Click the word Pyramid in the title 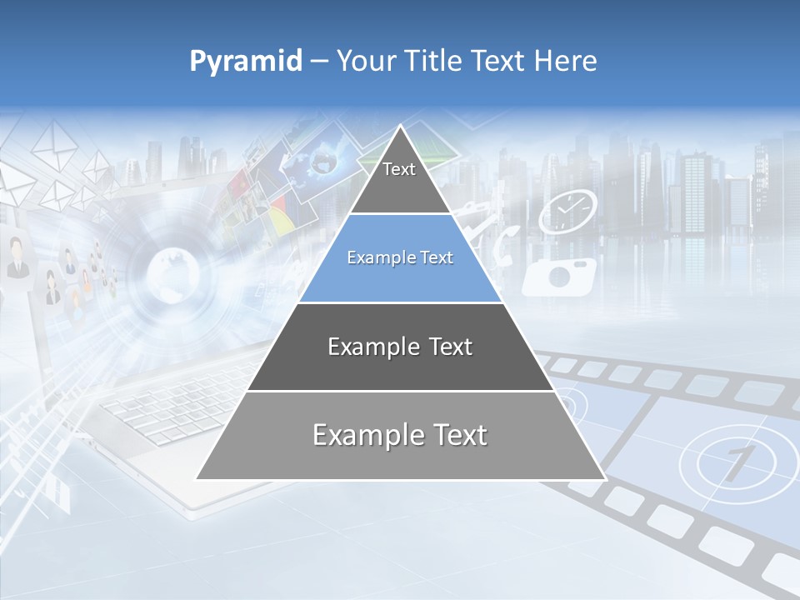pos(245,62)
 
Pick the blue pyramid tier pos(400,258)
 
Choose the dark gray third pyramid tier pos(400,347)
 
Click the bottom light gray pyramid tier pos(400,435)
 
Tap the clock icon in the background pos(567,212)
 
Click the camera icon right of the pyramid pos(560,276)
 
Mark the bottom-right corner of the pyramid pos(604,479)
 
